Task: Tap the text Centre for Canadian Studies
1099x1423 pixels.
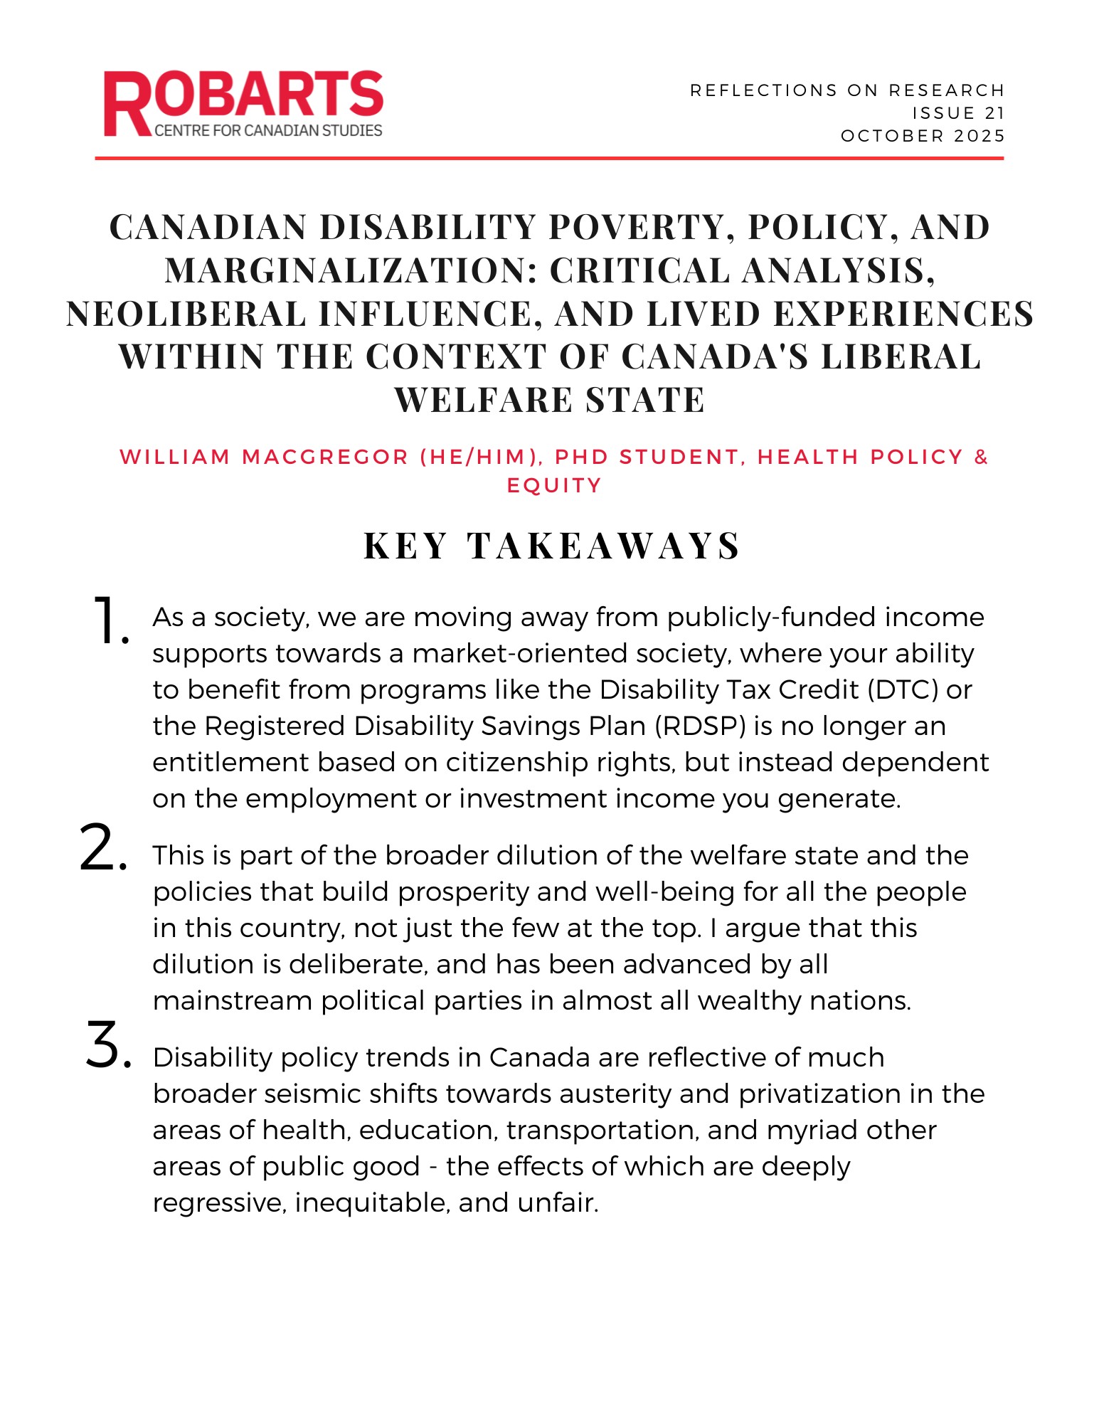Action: pyautogui.click(x=268, y=131)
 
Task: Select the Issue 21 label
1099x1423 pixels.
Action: pyautogui.click(x=958, y=113)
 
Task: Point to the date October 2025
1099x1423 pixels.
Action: pyautogui.click(x=923, y=136)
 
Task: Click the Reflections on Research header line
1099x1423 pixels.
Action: pyautogui.click(x=846, y=90)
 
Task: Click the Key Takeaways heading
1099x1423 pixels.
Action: pyautogui.click(x=552, y=546)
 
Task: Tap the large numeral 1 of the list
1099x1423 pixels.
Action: pyautogui.click(x=108, y=620)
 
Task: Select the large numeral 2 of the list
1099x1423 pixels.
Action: pyautogui.click(x=104, y=848)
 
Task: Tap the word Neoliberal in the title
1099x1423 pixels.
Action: pyautogui.click(x=185, y=314)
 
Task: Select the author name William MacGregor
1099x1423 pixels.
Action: pyautogui.click(x=264, y=457)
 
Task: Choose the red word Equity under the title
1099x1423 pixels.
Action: pyautogui.click(x=554, y=485)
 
